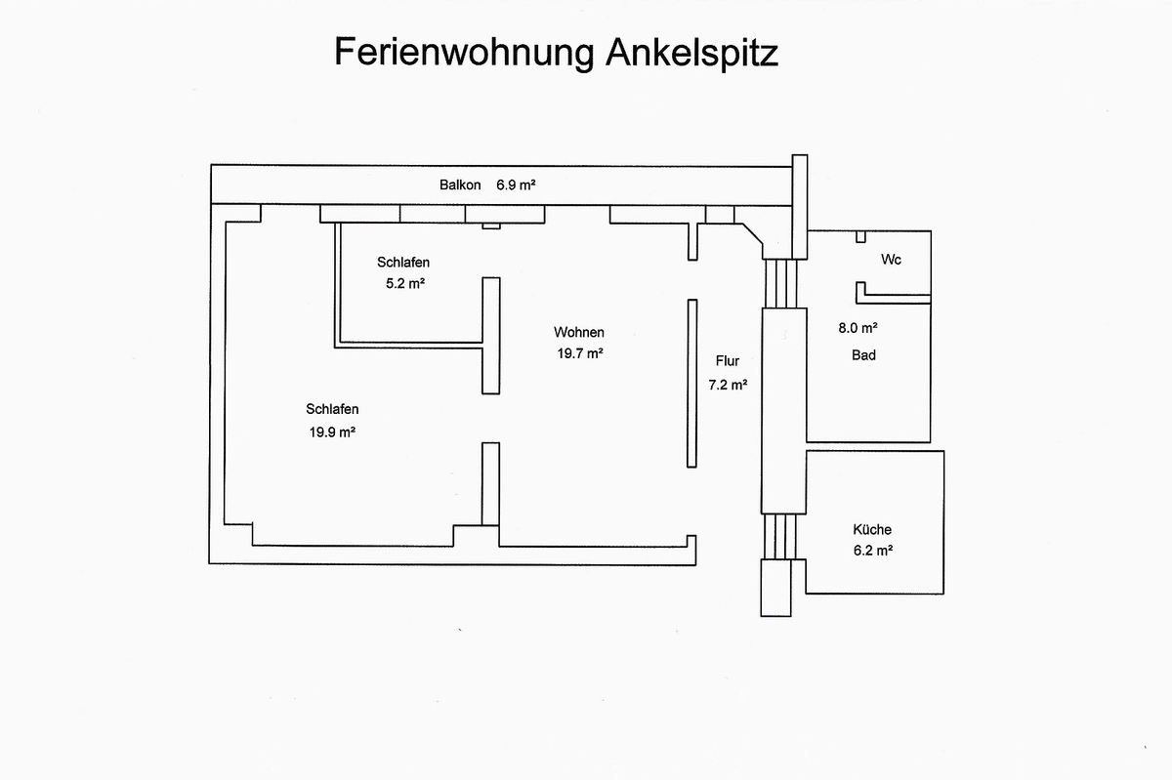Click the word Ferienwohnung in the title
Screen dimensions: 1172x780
[465, 53]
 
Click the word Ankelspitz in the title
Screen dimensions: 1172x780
[692, 53]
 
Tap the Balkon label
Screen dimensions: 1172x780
[460, 185]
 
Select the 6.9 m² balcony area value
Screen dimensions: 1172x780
[516, 185]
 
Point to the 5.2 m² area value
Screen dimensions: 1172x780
[405, 283]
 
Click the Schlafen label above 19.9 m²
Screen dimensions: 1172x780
[332, 409]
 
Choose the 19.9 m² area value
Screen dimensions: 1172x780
[332, 432]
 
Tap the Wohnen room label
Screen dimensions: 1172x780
[579, 332]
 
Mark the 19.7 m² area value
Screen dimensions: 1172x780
[580, 353]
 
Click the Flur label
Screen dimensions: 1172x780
[728, 361]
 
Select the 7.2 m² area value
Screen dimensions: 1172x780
[728, 385]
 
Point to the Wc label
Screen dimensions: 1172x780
[891, 260]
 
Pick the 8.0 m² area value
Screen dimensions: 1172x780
[858, 328]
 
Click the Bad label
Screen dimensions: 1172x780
[863, 355]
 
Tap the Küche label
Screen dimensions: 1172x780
[872, 529]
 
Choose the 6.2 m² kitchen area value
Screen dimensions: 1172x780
[873, 551]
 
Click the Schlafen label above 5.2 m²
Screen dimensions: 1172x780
[403, 262]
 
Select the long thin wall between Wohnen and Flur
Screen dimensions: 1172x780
[692, 384]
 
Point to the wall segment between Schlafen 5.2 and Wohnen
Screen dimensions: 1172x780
[490, 336]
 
